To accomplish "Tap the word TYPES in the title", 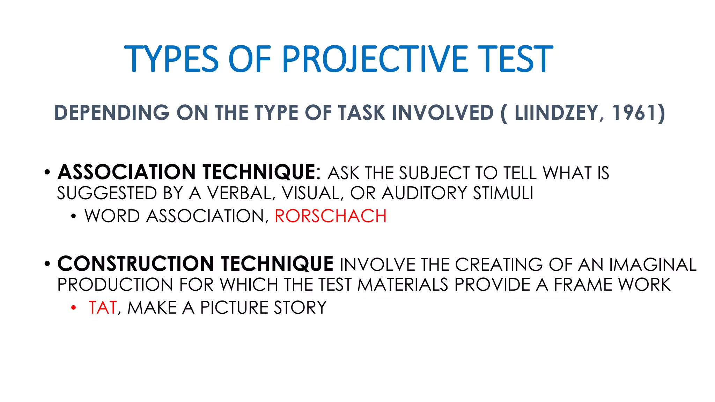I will [171, 59].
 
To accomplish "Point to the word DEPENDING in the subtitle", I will [112, 113].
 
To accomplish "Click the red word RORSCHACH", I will [331, 216].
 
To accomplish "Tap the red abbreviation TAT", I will [102, 308].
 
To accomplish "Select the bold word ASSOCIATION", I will [126, 172].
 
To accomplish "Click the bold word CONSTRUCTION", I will [136, 264].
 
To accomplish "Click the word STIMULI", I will [503, 193].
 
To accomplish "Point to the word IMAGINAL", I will [653, 265].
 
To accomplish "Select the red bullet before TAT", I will [73, 308].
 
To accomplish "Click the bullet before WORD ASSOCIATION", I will [73, 216].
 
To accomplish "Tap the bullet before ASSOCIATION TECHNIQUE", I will [47, 172].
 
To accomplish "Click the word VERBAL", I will [241, 193].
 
